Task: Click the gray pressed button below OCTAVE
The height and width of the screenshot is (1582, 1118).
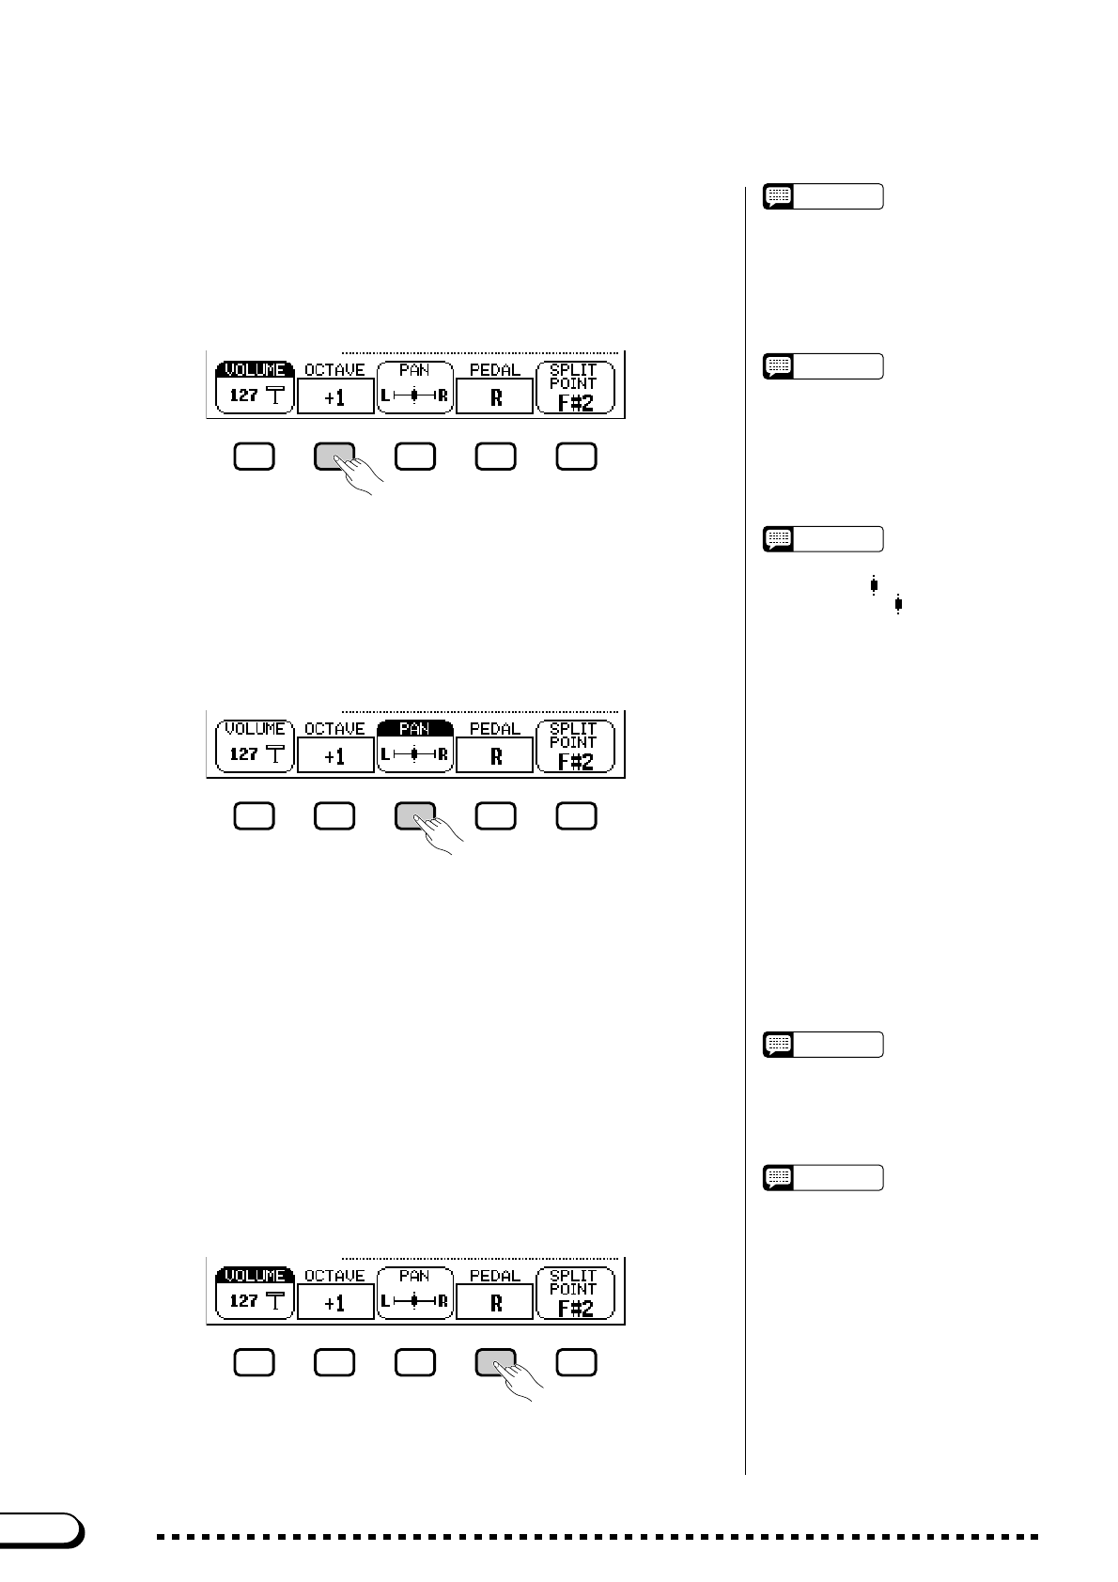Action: tap(334, 456)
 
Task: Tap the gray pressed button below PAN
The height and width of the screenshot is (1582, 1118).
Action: tap(414, 815)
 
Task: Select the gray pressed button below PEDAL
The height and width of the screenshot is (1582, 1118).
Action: tap(495, 1362)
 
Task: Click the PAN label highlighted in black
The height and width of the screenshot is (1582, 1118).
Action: tap(414, 729)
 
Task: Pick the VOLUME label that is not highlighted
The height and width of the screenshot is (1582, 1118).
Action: tap(255, 729)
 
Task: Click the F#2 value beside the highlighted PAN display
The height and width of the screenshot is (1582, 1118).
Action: tap(575, 760)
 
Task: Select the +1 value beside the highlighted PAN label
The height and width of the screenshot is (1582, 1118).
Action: tap(335, 757)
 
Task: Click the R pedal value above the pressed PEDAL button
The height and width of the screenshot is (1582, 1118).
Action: tap(495, 1304)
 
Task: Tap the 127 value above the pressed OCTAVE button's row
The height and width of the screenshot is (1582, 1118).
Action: tap(243, 395)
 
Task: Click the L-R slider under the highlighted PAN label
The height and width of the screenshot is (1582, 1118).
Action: tap(414, 754)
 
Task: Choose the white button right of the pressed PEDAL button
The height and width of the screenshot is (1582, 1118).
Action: tap(576, 1362)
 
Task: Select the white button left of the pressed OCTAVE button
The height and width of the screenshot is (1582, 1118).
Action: tap(254, 456)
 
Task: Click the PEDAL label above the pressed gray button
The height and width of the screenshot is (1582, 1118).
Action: tap(495, 1276)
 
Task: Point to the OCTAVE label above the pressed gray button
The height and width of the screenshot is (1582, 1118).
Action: tap(334, 370)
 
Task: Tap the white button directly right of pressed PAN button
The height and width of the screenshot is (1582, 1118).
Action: tap(495, 815)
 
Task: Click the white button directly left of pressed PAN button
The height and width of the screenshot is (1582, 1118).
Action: tap(334, 815)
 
